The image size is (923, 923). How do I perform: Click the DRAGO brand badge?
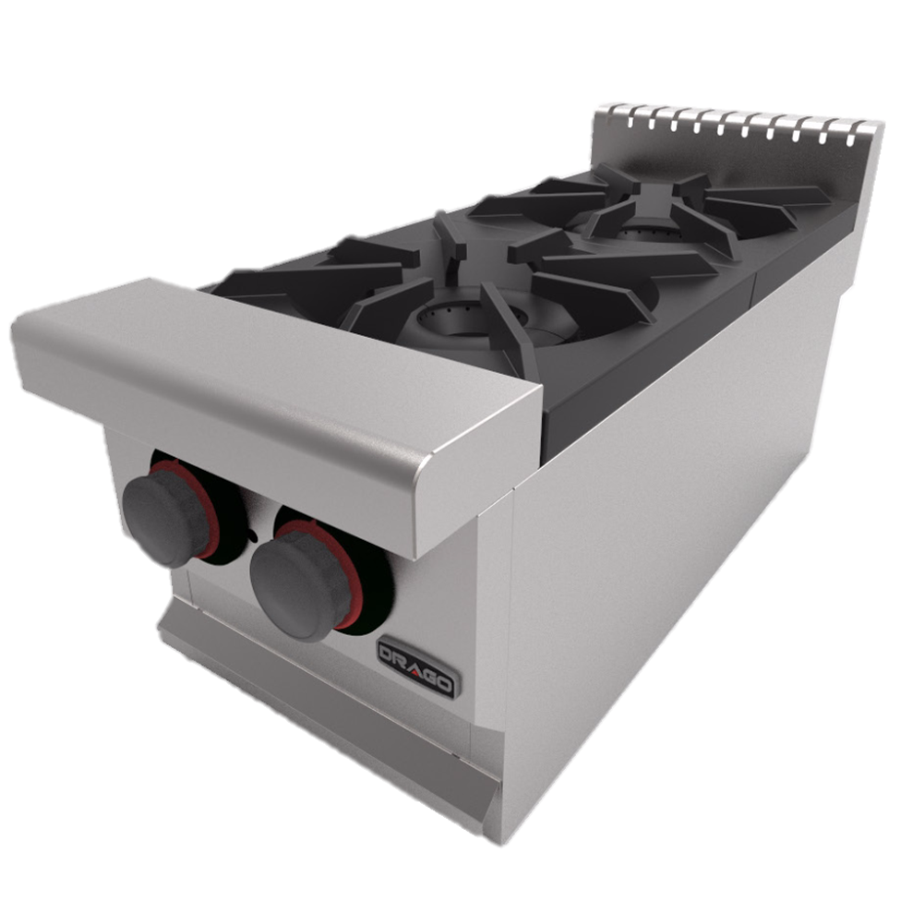point(417,668)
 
